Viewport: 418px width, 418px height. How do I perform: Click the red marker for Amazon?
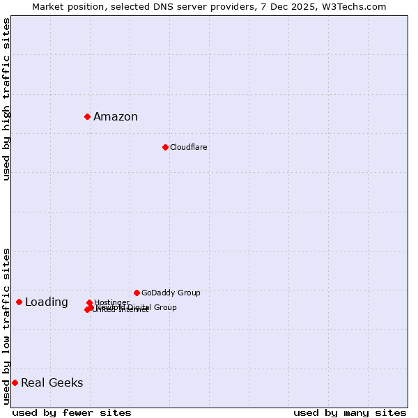[x=87, y=116]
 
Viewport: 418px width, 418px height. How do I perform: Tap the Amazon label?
[x=116, y=117]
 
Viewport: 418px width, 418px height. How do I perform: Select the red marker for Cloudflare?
[x=165, y=147]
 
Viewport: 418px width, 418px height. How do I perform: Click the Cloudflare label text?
[x=189, y=148]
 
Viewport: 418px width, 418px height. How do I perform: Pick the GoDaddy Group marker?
[x=137, y=293]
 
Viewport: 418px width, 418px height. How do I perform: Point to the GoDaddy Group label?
[x=171, y=293]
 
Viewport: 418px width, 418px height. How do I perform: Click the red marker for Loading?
[x=19, y=302]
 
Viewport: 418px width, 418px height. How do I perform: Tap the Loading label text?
[x=47, y=302]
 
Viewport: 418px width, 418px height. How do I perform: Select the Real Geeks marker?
[x=15, y=382]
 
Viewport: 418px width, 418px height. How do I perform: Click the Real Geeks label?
[x=52, y=383]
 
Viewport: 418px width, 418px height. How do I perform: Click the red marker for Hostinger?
[x=90, y=303]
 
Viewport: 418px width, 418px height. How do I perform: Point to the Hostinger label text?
[x=111, y=303]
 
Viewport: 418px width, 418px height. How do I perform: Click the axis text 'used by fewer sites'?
[x=72, y=412]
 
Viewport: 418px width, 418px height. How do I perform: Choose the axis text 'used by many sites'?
[x=350, y=412]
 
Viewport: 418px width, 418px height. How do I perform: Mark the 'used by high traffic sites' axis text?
[x=7, y=99]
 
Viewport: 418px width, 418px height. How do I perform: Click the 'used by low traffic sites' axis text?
[x=7, y=326]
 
